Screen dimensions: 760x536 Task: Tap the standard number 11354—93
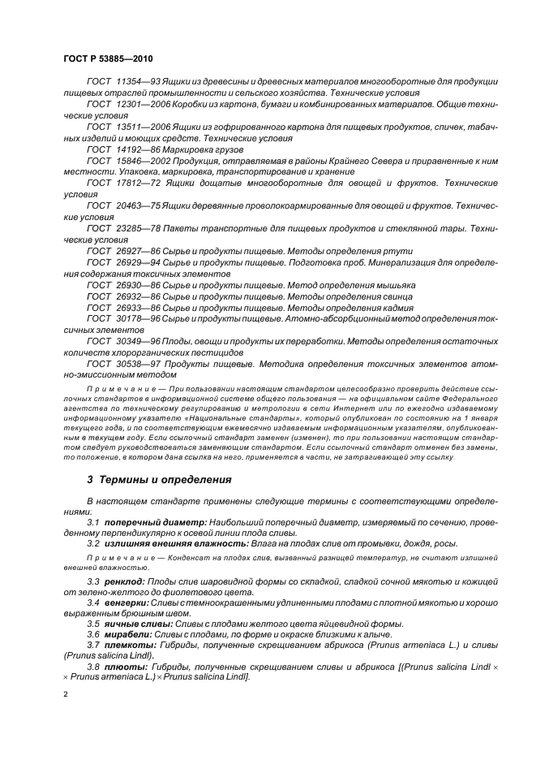tap(139, 84)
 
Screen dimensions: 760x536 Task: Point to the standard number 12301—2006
tap(144, 106)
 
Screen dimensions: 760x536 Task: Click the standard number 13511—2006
tap(144, 128)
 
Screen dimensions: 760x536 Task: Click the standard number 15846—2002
tap(144, 162)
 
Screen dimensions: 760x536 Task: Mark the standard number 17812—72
tap(139, 184)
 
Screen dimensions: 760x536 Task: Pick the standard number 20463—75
tap(139, 207)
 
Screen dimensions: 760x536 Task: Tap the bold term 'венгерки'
tap(126, 604)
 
